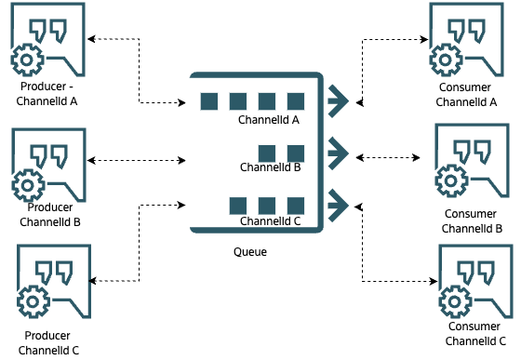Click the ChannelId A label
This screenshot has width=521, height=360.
point(269,121)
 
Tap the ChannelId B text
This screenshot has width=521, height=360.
point(270,168)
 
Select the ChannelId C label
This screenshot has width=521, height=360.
point(270,221)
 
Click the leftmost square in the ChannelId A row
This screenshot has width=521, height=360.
point(209,100)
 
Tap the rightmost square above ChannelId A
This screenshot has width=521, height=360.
point(296,100)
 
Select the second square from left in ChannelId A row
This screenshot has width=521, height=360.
point(238,100)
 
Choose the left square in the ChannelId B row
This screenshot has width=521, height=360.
point(267,153)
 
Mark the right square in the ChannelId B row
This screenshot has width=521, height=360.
point(296,153)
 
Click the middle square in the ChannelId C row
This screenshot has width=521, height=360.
point(267,205)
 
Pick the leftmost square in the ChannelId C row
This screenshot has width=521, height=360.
point(238,205)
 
